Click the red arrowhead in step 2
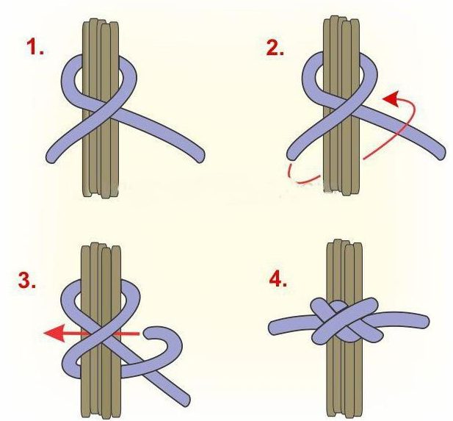[x=391, y=99]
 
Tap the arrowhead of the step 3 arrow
[x=54, y=334]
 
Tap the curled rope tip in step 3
[x=151, y=334]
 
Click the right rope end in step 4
[x=424, y=322]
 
